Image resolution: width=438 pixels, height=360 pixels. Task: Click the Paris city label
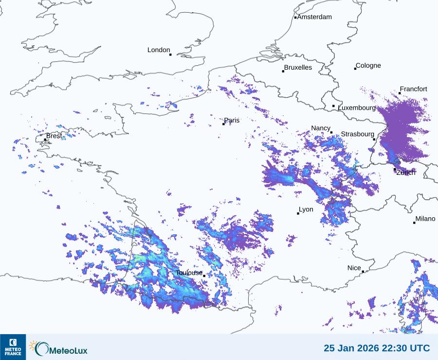(x=232, y=120)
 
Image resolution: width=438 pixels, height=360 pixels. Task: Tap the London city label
(x=159, y=50)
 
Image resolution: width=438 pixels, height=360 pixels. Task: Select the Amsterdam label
(x=314, y=17)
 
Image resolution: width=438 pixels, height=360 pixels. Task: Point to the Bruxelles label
(x=298, y=68)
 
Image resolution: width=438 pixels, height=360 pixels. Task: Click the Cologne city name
(x=368, y=66)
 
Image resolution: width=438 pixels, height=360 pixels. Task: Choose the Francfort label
(x=414, y=89)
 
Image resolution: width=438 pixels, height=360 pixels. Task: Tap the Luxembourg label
(x=357, y=108)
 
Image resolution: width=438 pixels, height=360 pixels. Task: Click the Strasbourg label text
(x=358, y=134)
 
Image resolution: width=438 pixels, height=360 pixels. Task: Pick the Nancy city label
(x=321, y=128)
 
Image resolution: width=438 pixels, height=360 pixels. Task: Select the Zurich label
(x=406, y=172)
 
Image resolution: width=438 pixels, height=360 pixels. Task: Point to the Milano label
(x=425, y=219)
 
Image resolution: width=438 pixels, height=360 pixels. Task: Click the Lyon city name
(x=306, y=209)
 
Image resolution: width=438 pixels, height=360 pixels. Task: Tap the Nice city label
(x=354, y=268)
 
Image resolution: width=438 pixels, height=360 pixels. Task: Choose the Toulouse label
(x=189, y=273)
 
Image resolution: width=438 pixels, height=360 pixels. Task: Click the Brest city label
(x=54, y=136)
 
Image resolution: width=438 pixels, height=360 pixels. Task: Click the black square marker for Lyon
(x=298, y=213)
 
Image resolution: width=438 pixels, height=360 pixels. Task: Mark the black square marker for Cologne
(x=355, y=69)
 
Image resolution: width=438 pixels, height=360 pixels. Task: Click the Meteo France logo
(x=13, y=347)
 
